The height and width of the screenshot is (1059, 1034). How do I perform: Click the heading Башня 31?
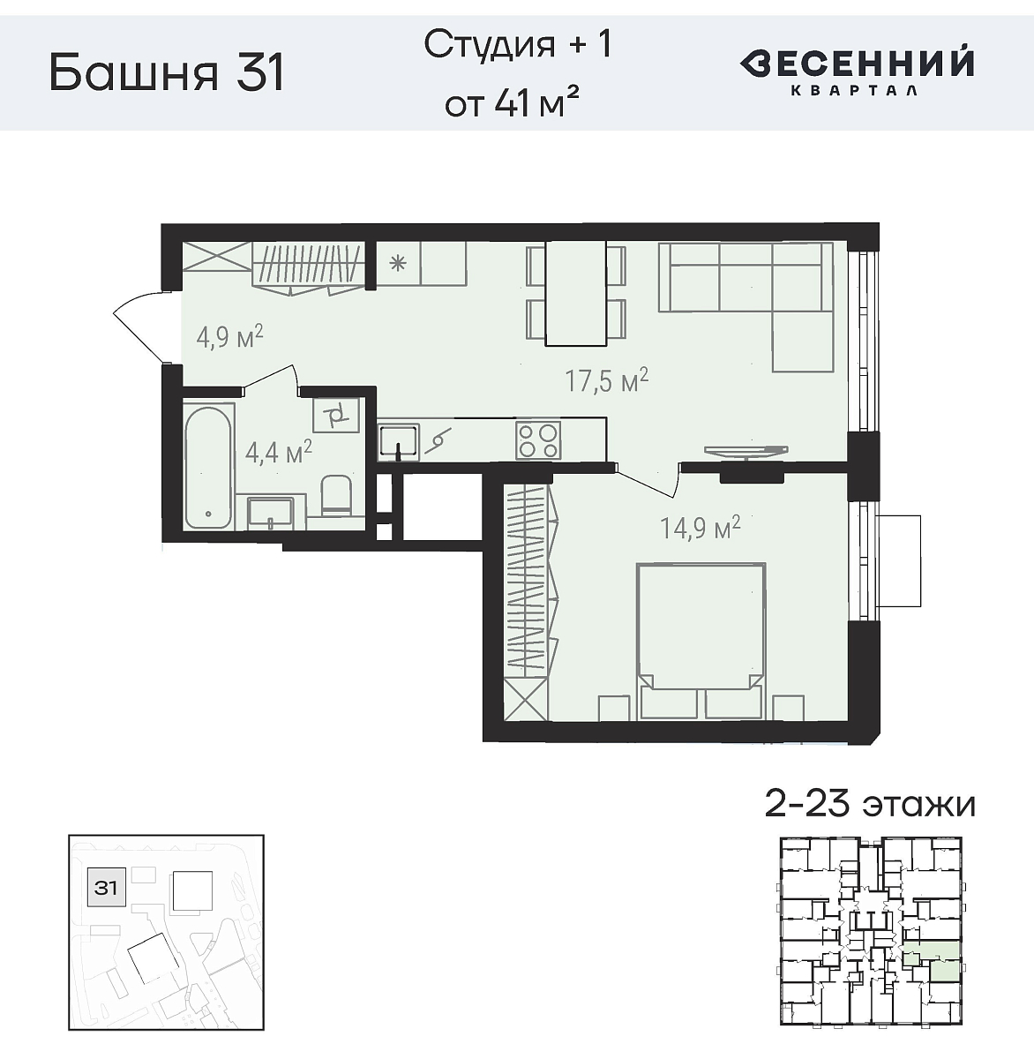167,73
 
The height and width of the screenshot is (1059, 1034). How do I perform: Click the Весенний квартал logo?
856,71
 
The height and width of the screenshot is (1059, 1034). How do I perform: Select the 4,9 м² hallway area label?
229,338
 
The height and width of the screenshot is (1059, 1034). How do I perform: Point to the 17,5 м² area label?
607,381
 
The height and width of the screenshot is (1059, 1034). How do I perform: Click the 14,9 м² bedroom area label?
700,528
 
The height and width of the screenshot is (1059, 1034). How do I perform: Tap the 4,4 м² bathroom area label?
278,453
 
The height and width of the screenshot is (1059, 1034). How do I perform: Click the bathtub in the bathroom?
209,466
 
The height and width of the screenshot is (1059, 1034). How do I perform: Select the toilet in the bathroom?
336,496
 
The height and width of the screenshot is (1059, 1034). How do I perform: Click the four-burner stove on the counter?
538,439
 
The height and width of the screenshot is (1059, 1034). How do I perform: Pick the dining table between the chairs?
575,293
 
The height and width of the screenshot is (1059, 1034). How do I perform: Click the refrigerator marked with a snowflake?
398,263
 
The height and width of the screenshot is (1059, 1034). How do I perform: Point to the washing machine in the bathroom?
336,414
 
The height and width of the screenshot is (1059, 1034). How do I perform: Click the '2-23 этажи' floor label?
869,805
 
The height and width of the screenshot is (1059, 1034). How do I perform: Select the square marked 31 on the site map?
106,887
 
